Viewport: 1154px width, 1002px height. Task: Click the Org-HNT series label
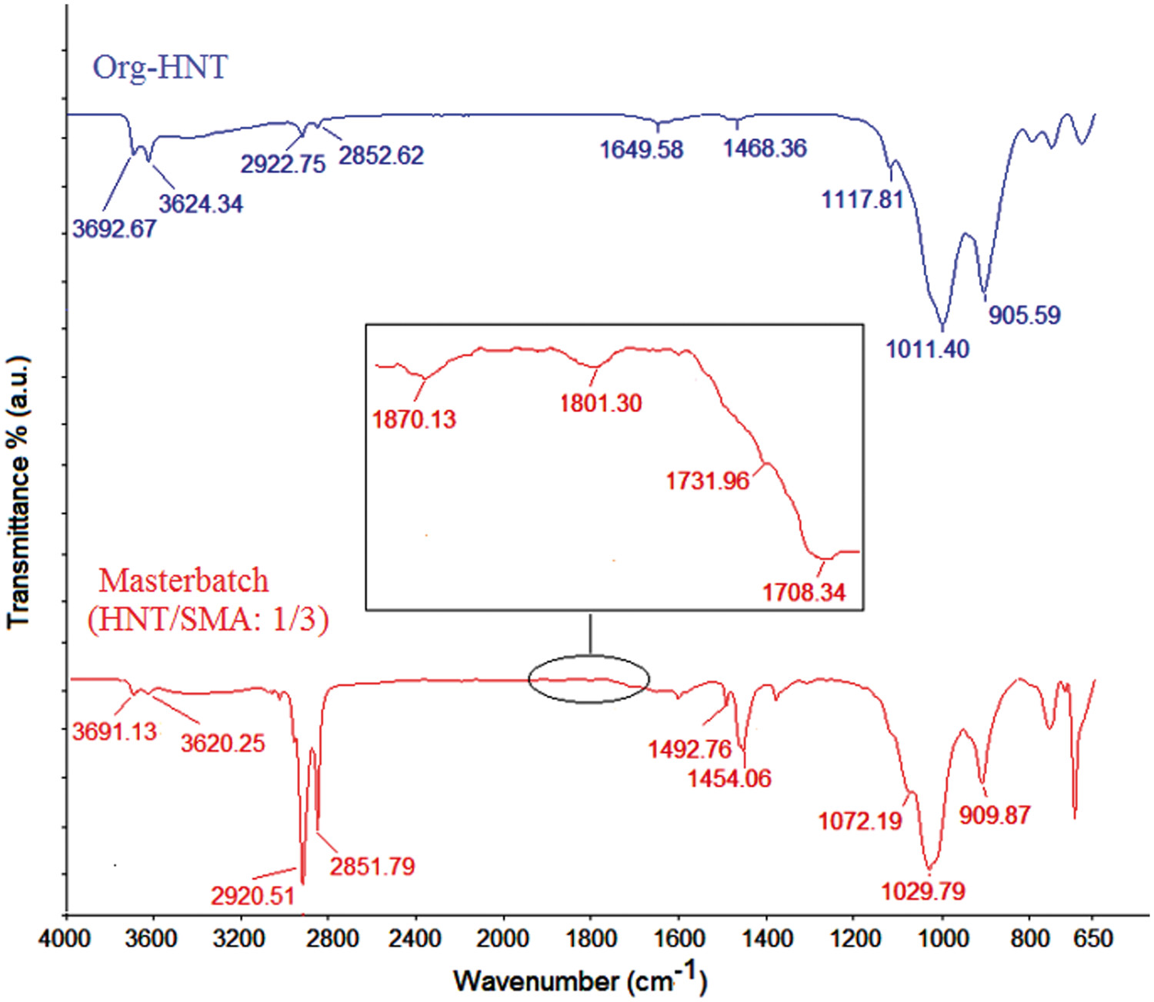(160, 68)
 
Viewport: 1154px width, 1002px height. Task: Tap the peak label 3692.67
(115, 228)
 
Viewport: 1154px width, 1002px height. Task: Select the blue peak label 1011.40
(927, 349)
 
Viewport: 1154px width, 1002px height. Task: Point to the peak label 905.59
(1024, 315)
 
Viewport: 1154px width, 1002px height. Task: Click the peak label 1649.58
(641, 149)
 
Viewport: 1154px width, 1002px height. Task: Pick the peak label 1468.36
(765, 148)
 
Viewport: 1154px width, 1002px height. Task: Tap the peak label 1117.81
(862, 200)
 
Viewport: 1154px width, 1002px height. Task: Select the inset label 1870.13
(414, 420)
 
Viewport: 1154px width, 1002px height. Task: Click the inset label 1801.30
(600, 403)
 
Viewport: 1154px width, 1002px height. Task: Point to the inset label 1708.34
(804, 592)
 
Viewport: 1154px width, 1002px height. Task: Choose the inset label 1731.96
(707, 481)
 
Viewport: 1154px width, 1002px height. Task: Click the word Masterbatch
(184, 581)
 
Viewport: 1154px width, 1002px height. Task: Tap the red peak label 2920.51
(253, 896)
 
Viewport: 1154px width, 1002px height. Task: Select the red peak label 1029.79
(922, 891)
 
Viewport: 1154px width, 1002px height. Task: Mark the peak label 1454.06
(729, 778)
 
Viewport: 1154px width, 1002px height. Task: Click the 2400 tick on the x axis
(416, 939)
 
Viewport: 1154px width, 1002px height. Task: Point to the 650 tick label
(1093, 939)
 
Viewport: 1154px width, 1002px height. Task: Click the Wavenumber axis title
(579, 980)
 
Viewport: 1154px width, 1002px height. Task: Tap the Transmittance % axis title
(18, 492)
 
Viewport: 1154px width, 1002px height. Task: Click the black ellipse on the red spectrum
(589, 679)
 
